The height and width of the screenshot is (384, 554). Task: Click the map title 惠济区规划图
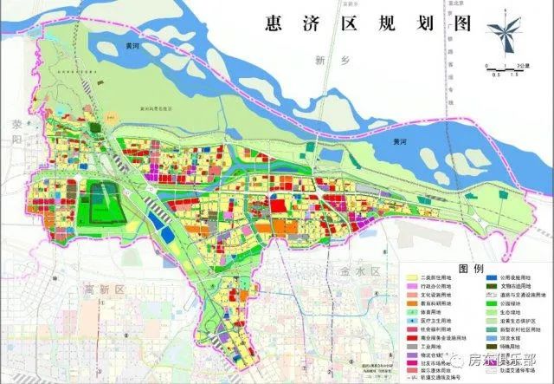click(x=362, y=23)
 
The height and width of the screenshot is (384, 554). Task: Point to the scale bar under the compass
click(x=500, y=66)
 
